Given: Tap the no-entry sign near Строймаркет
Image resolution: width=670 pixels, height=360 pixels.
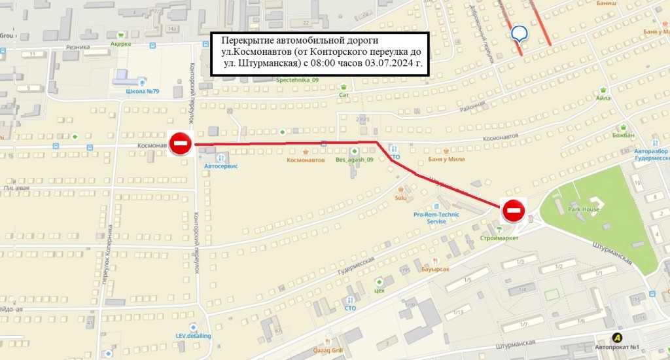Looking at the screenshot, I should pyautogui.click(x=514, y=210).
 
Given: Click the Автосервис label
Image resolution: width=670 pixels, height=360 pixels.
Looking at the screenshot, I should pyautogui.click(x=221, y=166).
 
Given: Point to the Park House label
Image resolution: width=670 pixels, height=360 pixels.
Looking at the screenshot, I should pyautogui.click(x=584, y=209).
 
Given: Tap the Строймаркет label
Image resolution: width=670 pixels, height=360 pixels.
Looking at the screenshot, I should pyautogui.click(x=499, y=238).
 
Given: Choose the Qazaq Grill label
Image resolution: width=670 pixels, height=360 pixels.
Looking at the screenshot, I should pyautogui.click(x=328, y=350).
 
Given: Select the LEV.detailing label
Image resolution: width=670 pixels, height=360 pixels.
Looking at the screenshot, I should pyautogui.click(x=193, y=336).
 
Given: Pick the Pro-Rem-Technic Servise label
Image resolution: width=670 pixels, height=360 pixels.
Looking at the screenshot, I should pyautogui.click(x=436, y=217).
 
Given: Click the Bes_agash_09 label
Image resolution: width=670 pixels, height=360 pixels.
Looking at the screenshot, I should pyautogui.click(x=354, y=160).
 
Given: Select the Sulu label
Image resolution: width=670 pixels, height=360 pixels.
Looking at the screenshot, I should pyautogui.click(x=401, y=198).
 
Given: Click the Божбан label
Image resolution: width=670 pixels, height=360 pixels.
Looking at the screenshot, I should pyautogui.click(x=624, y=135).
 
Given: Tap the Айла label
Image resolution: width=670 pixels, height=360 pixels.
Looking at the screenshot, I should pyautogui.click(x=603, y=98).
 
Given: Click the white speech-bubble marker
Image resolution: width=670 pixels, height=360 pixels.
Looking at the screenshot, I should pyautogui.click(x=520, y=33).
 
